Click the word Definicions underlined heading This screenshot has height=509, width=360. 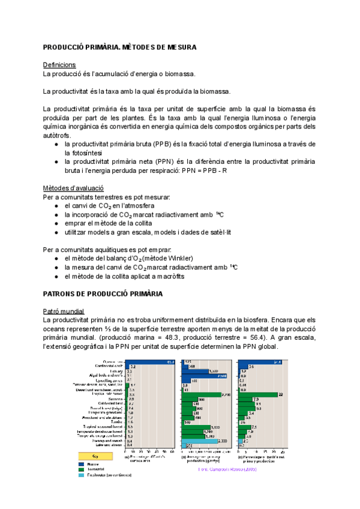(59, 64)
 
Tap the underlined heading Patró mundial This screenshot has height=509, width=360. (64, 311)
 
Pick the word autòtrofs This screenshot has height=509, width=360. (57, 135)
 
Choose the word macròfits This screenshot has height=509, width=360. (170, 277)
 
